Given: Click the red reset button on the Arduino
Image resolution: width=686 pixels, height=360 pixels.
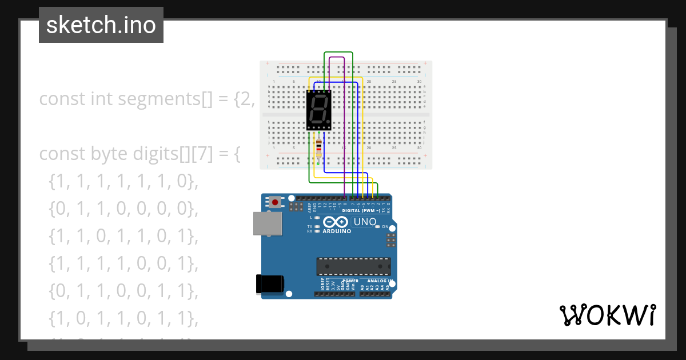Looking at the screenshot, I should [276, 202].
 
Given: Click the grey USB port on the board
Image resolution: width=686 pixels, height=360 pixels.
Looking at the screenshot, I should [268, 223].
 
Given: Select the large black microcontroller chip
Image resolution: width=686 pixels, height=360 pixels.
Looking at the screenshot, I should [354, 267].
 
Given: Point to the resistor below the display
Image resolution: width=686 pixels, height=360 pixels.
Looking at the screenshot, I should [318, 149].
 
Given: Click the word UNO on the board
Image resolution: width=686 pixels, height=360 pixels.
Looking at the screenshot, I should [365, 222].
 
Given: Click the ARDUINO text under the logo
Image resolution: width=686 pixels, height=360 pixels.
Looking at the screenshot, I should [337, 231].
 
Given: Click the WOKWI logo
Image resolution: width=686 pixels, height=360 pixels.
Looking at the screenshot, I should [607, 315].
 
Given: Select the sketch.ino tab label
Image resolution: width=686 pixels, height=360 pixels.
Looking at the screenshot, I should [101, 25].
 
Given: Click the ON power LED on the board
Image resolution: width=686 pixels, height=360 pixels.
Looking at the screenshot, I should [377, 226].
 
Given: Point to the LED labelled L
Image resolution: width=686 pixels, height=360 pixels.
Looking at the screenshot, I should [316, 218].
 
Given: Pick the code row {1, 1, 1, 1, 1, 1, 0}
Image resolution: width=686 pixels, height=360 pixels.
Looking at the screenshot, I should [123, 182].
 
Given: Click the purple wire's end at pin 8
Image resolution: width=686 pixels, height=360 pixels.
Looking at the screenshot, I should [345, 197].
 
